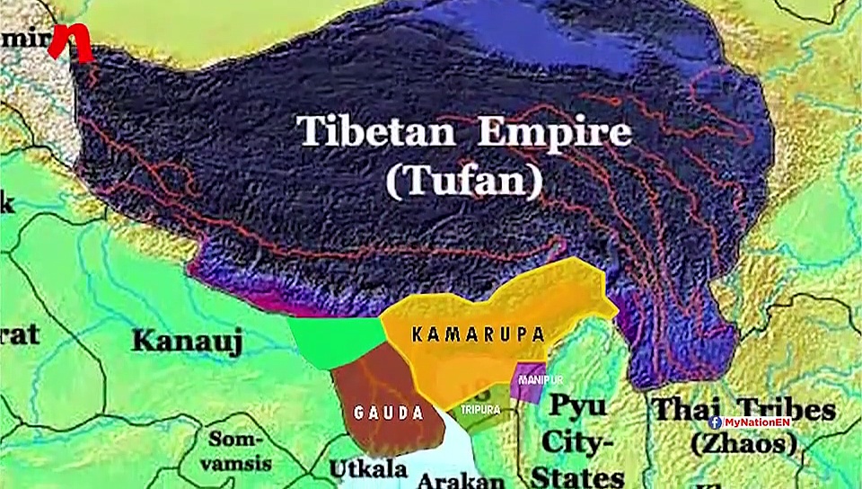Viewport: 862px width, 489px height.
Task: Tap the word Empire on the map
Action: tap(554, 132)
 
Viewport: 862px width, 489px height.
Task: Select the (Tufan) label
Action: tap(464, 182)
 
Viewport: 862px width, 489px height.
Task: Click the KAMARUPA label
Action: tap(479, 335)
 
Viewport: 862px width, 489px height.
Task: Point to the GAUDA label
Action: tap(388, 413)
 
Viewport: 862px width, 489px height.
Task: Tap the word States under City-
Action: tap(577, 476)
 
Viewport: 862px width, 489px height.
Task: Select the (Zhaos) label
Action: tap(743, 443)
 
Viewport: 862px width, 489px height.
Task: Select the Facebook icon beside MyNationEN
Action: tap(716, 421)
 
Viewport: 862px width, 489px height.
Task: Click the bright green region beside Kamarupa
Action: tap(337, 336)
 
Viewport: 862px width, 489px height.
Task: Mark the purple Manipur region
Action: tap(528, 382)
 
